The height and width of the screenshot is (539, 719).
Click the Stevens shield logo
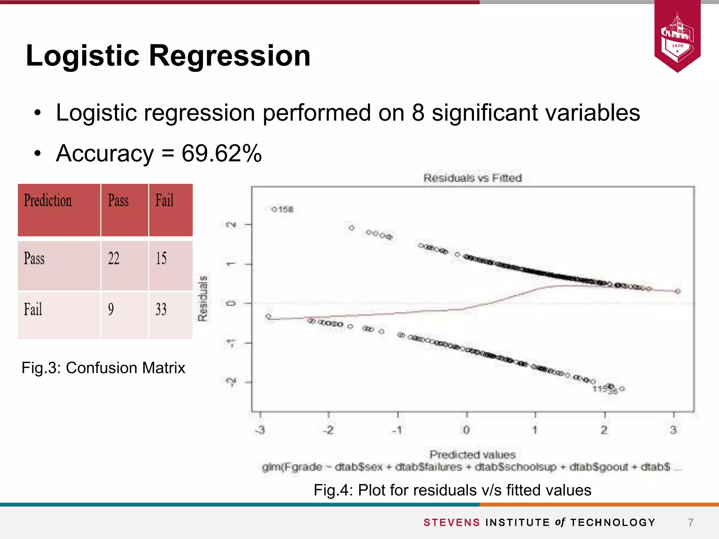[x=677, y=37]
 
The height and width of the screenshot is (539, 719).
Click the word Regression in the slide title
[x=230, y=56]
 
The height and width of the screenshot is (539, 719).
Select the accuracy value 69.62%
[x=222, y=153]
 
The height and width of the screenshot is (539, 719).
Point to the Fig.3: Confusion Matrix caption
[x=103, y=368]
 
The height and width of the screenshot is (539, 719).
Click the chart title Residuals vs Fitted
[x=473, y=178]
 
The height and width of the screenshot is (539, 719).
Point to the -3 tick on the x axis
[x=260, y=430]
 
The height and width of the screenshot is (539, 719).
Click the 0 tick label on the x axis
[x=466, y=430]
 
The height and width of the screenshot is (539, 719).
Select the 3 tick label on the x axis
[x=673, y=430]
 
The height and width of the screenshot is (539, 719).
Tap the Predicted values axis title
[x=473, y=455]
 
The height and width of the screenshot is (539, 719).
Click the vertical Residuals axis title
[x=203, y=298]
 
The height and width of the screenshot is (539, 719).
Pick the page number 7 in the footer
[x=691, y=523]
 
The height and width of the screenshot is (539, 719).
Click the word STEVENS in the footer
[x=451, y=523]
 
